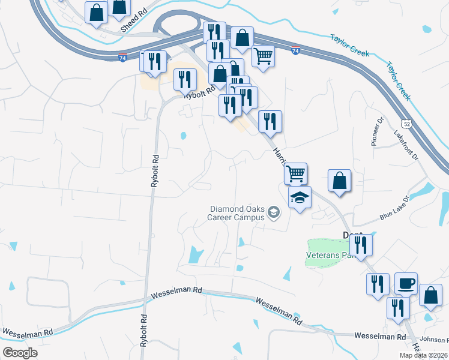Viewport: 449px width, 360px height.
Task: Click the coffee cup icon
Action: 406,283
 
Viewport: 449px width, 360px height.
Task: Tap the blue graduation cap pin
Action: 300,196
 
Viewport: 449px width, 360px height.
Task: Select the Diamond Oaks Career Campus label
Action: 237,213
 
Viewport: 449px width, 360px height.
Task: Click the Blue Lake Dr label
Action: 394,208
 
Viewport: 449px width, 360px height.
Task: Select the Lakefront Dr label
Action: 406,145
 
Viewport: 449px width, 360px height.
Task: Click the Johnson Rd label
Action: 433,340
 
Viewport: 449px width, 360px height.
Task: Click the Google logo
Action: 20,352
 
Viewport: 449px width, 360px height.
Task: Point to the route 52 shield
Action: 406,123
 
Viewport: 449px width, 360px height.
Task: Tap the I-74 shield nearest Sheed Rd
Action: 122,57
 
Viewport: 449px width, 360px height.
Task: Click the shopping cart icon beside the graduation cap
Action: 295,173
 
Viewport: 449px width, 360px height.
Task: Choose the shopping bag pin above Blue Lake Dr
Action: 339,180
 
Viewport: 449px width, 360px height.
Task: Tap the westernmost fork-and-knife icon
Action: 152,61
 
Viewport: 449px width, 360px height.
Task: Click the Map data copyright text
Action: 423,355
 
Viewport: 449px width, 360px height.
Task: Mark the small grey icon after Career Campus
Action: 274,211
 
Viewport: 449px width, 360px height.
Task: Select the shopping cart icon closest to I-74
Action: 263,55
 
